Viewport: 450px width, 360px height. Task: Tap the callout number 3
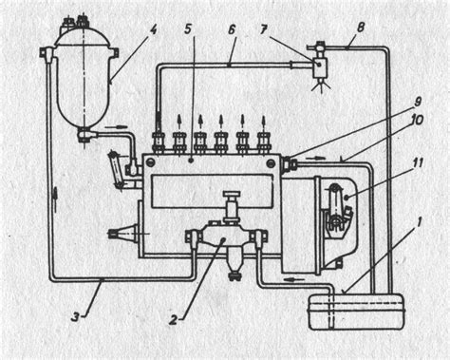75,317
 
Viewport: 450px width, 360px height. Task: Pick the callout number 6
232,30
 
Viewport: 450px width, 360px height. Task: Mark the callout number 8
360,28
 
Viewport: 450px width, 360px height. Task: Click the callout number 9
418,102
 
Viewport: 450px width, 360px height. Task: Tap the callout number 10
417,121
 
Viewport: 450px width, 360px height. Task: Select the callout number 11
417,164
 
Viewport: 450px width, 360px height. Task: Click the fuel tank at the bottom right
356,313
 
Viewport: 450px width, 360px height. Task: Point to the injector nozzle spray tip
321,85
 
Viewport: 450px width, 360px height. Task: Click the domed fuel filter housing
84,79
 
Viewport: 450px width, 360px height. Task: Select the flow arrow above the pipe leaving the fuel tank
294,279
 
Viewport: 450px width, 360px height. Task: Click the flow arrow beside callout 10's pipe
319,157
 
